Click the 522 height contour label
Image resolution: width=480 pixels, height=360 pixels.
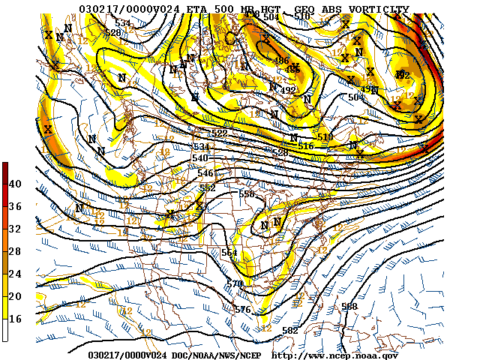pos(219,133)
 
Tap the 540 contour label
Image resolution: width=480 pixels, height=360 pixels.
pos(200,157)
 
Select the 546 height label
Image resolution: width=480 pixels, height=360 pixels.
pos(205,173)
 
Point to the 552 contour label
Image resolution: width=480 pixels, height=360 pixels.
pos(208,187)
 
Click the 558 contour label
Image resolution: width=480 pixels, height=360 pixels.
pos(247,193)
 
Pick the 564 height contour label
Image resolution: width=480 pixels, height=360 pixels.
pos(229,252)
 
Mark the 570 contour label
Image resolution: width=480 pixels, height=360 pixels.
pos(235,283)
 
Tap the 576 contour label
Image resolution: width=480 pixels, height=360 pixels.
pos(242,309)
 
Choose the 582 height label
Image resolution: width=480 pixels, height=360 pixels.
pos(289,330)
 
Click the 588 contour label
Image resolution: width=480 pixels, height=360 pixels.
pos(349,306)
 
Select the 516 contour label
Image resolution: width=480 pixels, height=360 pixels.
pos(305,145)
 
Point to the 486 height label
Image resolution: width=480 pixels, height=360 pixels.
pos(282,61)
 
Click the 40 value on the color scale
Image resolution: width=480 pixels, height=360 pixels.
pos(15,184)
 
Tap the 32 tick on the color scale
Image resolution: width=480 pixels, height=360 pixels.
pos(15,228)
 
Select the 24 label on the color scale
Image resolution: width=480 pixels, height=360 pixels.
pos(15,273)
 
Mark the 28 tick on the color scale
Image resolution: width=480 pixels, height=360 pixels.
pos(15,250)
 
